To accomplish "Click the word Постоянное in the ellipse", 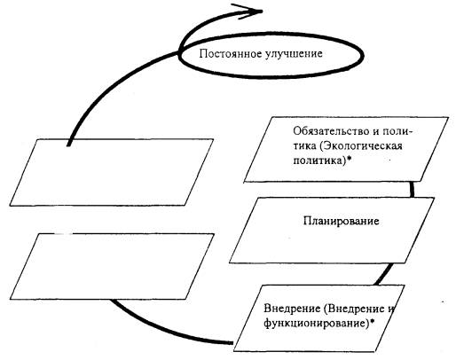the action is click(230, 54).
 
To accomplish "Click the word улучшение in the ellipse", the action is click(294, 54).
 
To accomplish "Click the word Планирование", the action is click(342, 221).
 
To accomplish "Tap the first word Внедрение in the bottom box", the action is click(292, 309).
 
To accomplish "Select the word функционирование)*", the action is click(318, 323).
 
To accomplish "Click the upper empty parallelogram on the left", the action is click(112, 172).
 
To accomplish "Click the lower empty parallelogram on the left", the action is click(112, 266).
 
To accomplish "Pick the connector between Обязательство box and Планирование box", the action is click(412, 189).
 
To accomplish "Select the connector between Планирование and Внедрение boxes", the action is click(384, 274).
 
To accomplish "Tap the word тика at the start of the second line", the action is click(305, 146).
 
